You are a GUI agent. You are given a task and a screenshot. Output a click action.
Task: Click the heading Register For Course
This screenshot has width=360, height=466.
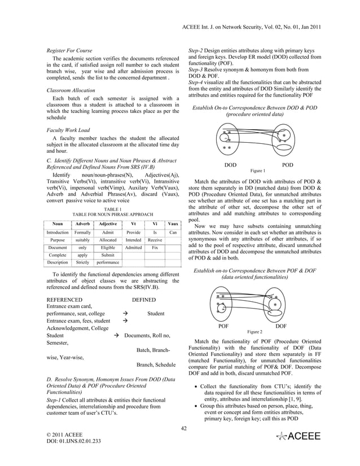pyautogui.click(x=69, y=51)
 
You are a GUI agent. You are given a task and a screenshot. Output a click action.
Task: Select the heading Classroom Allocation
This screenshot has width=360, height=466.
pyautogui.click(x=71, y=90)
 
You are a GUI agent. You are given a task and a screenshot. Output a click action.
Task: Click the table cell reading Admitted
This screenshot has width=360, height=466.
pyautogui.click(x=134, y=247)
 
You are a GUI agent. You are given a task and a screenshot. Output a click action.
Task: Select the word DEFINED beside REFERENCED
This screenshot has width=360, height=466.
pyautogui.click(x=143, y=300)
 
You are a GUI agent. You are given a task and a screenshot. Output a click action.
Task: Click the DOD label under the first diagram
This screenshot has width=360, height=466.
pyautogui.click(x=230, y=165)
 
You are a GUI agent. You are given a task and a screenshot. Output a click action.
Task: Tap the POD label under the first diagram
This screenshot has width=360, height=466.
pyautogui.click(x=287, y=165)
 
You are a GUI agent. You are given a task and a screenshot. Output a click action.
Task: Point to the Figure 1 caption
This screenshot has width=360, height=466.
pyautogui.click(x=257, y=170)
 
